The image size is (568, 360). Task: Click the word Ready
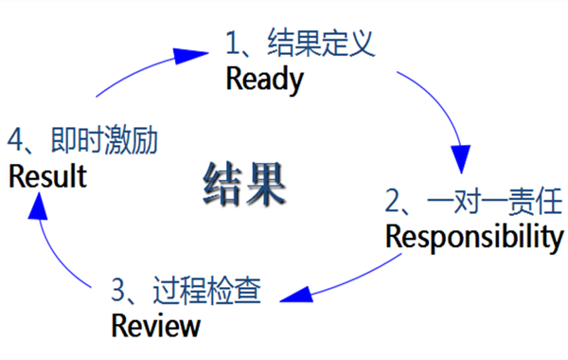pos(265,79)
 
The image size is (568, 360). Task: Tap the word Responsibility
pos(474,237)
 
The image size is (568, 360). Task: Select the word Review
pos(156,326)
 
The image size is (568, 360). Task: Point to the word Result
pos(47,176)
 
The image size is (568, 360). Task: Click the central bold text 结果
pos(244,185)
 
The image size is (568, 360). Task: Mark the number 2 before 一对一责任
pos(394,201)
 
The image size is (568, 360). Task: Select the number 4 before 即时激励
pos(15,141)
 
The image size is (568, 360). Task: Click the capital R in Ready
pos(235,79)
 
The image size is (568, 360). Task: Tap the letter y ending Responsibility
pos(556,239)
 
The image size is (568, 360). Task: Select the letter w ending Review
pos(190,327)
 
